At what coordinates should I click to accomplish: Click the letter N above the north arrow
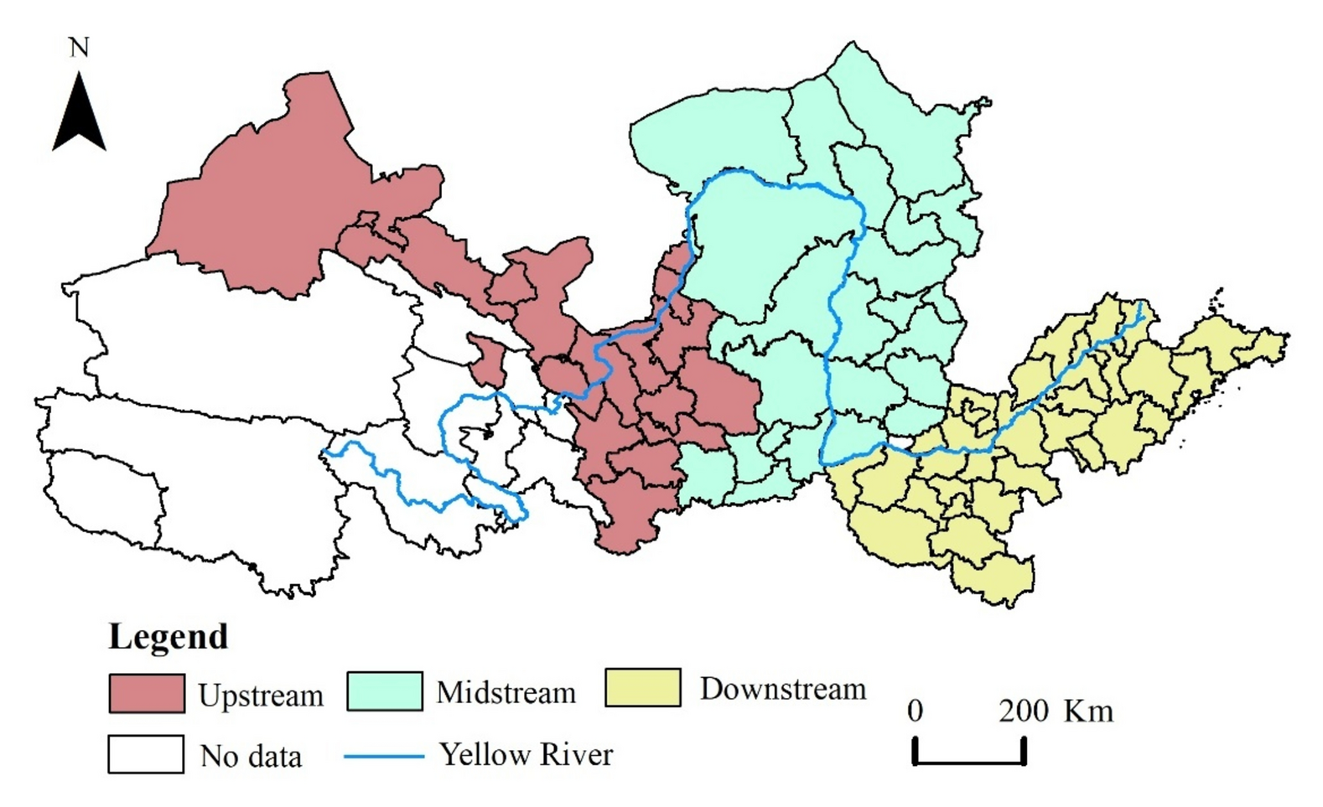79,48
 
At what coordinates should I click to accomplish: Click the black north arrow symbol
79,115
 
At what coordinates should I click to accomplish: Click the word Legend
168,637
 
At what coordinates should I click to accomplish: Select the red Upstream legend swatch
147,694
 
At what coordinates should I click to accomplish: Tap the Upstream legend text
261,696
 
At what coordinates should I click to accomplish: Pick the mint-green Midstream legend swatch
385,691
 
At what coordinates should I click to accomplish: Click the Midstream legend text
506,693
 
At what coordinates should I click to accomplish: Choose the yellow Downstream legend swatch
642,687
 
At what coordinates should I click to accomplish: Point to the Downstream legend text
782,689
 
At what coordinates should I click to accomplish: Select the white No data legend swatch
146,754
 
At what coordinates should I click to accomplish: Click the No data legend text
251,756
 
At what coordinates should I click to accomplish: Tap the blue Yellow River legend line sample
384,756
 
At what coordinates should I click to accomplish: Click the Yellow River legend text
527,754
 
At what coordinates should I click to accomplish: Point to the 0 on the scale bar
915,711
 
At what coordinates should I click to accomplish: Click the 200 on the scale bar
1023,711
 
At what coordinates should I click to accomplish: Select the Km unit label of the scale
1088,711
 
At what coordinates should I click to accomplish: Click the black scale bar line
969,762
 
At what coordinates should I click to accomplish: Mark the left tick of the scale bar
916,750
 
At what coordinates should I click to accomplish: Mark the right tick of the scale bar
1024,750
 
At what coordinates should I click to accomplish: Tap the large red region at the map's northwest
268,201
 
